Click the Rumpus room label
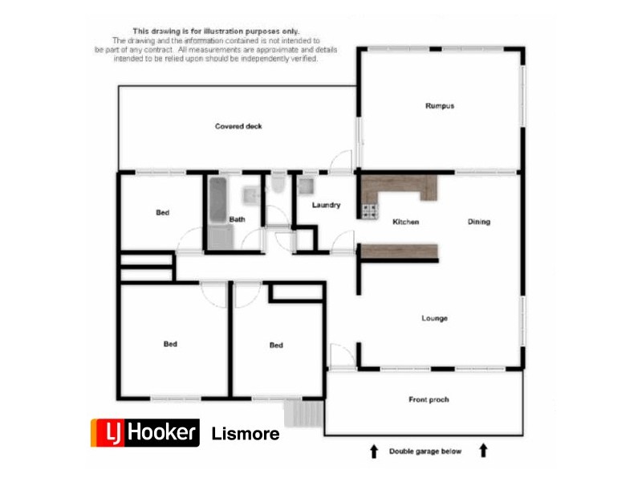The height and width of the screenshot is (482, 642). [440, 106]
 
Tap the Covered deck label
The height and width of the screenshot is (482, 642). [238, 126]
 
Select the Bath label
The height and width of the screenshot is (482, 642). [237, 219]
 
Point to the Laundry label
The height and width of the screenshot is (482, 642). [327, 205]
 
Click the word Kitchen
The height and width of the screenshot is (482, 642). [405, 222]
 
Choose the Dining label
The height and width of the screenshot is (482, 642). [478, 222]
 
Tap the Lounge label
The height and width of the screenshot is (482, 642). [434, 319]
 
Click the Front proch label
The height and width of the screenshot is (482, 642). [429, 399]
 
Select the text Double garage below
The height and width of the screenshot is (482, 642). [425, 451]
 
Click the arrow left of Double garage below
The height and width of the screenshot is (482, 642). [373, 451]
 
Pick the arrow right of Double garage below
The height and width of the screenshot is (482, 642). [484, 451]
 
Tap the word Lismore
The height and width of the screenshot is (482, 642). [246, 434]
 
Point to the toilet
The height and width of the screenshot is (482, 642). [278, 185]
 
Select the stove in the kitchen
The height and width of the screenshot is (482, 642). [370, 212]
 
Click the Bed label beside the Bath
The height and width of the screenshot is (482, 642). [163, 213]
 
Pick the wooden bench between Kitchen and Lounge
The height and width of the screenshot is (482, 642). [399, 252]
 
